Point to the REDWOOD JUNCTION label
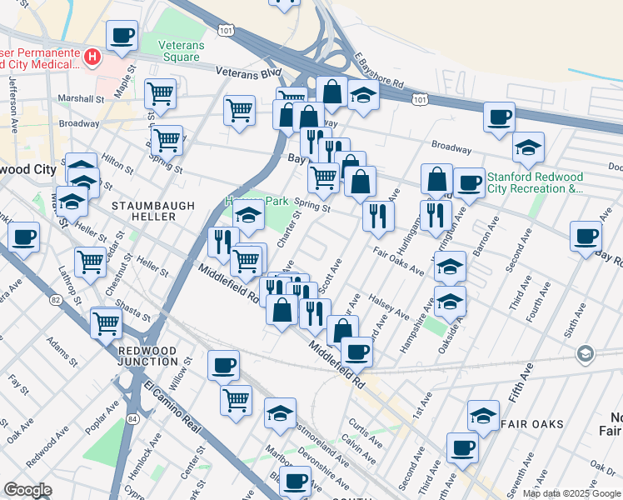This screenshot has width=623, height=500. pos(148,356)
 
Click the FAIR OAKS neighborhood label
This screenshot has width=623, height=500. pos(532,423)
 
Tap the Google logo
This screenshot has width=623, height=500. pos(27,490)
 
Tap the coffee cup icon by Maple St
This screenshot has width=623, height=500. pos(122,36)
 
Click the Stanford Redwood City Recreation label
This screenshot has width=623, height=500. pos(535,182)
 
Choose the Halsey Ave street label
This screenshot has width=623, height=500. pos(390,309)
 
